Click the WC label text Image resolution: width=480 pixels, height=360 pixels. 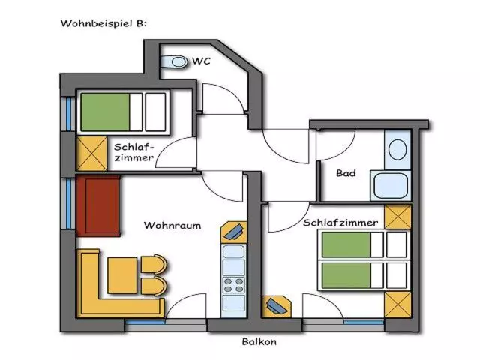(202, 61)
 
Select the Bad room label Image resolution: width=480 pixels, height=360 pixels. (346, 173)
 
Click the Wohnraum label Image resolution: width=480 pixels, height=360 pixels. (172, 226)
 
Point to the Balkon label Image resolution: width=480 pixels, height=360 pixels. (259, 341)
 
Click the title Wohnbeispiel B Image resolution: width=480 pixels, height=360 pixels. (103, 23)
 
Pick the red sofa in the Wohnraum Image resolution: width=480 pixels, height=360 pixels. (98, 205)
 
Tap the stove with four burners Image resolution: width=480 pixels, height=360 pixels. (233, 285)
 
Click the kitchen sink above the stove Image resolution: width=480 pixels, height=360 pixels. (233, 252)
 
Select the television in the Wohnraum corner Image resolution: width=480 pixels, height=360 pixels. (234, 232)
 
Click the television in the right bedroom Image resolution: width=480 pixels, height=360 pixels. (277, 307)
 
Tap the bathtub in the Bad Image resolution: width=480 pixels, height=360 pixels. (391, 186)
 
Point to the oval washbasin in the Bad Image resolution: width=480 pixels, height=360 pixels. (397, 150)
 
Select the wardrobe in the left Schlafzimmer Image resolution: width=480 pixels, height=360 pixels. (91, 153)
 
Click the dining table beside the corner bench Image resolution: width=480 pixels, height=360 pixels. (122, 275)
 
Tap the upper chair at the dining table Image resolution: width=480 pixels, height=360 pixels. (154, 264)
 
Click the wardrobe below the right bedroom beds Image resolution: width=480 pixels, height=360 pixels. (397, 304)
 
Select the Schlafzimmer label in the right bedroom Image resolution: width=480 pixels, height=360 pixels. (340, 223)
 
